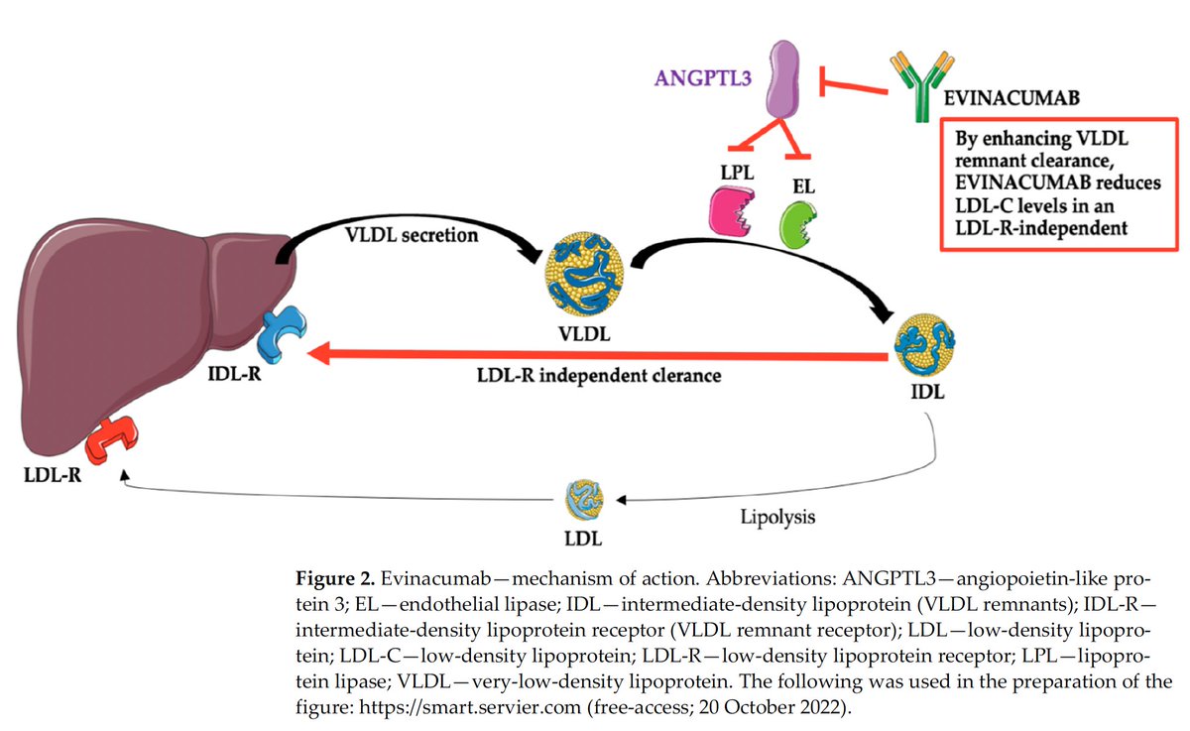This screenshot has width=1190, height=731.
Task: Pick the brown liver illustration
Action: pos(139,317)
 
